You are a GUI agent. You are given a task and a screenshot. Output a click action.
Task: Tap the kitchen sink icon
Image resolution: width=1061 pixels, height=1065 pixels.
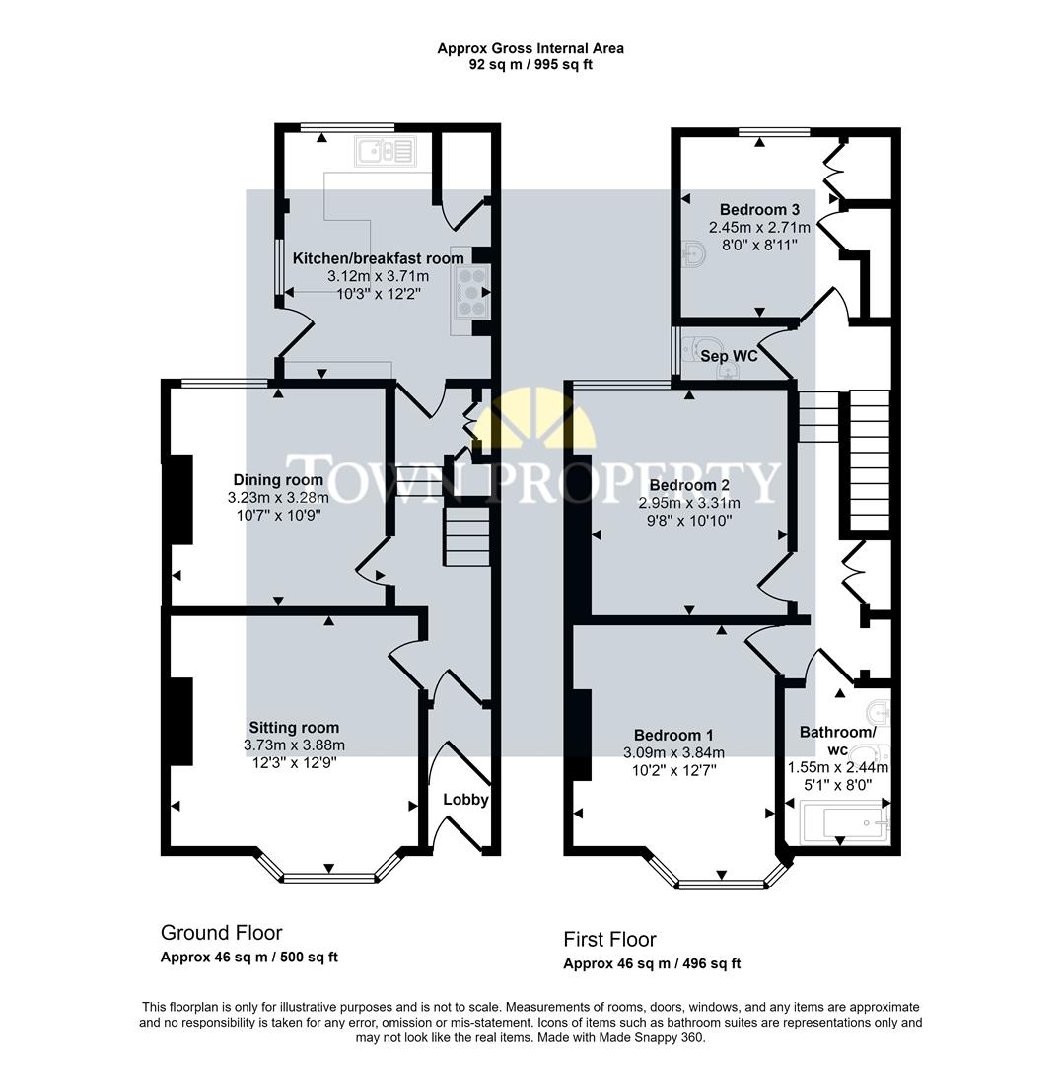click(387, 151)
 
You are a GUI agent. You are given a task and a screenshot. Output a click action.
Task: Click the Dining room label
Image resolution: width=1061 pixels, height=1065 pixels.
click(264, 480)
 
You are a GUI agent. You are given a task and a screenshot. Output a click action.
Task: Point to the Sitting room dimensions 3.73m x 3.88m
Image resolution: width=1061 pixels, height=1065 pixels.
click(294, 745)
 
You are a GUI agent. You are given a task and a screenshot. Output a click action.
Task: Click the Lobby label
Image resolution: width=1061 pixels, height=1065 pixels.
click(465, 799)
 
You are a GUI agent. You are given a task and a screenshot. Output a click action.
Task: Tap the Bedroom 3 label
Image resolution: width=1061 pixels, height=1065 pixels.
click(759, 209)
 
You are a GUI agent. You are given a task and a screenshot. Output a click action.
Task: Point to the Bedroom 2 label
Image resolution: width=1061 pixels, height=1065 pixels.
click(689, 485)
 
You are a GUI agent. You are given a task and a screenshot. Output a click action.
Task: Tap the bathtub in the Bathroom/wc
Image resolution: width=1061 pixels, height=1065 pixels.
click(842, 821)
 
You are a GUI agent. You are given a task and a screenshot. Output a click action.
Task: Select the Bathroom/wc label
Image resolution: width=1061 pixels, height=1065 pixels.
click(837, 741)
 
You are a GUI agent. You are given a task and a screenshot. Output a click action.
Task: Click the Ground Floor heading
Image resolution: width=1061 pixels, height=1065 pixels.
click(221, 932)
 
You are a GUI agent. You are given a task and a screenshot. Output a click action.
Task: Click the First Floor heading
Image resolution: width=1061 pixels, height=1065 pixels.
click(609, 939)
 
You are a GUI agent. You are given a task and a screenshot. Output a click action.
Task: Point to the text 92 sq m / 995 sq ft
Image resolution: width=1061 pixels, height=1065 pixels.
click(530, 65)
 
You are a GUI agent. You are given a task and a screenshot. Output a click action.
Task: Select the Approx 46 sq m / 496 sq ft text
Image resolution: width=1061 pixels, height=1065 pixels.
click(652, 964)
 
